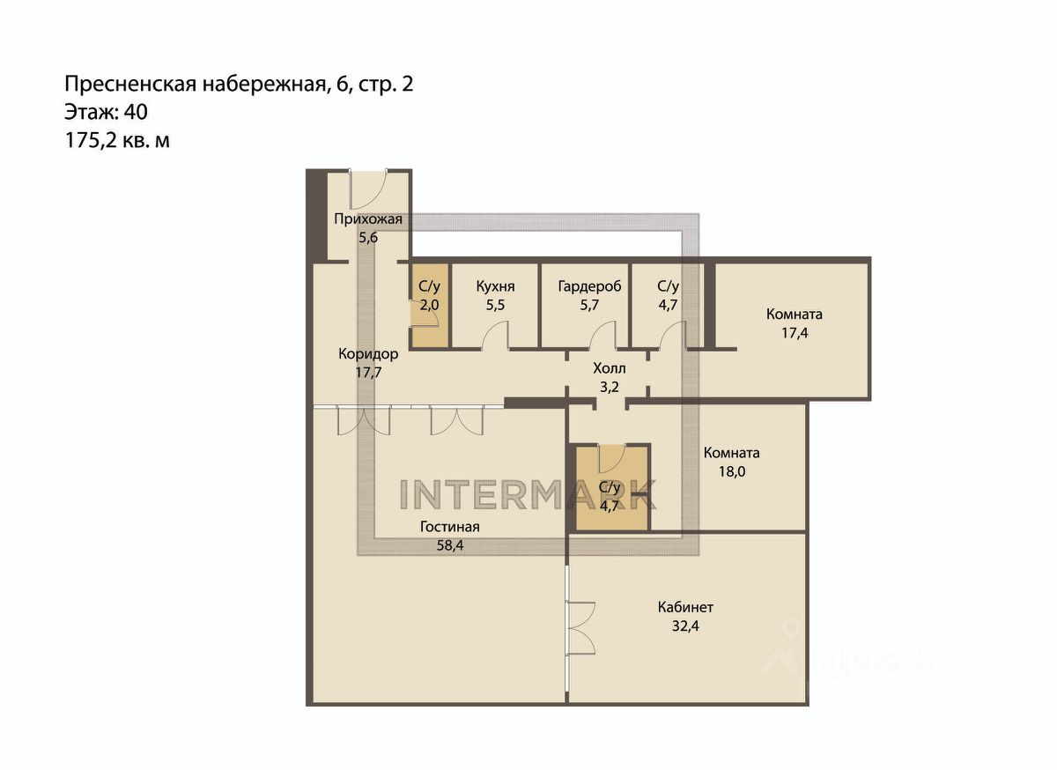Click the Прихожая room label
point(368,219)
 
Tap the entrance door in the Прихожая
point(368,189)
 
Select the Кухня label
point(495,286)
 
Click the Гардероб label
point(589,286)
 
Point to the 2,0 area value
point(429,305)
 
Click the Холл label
point(610,368)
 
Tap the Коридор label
point(368,353)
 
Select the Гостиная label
point(450,527)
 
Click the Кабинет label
point(685,607)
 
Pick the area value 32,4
point(685,626)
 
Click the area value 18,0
point(732,471)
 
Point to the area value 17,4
point(795,333)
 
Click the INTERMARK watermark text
point(528,494)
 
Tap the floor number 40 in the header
point(136,113)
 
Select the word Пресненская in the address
point(130,85)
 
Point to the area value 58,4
point(450,545)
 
